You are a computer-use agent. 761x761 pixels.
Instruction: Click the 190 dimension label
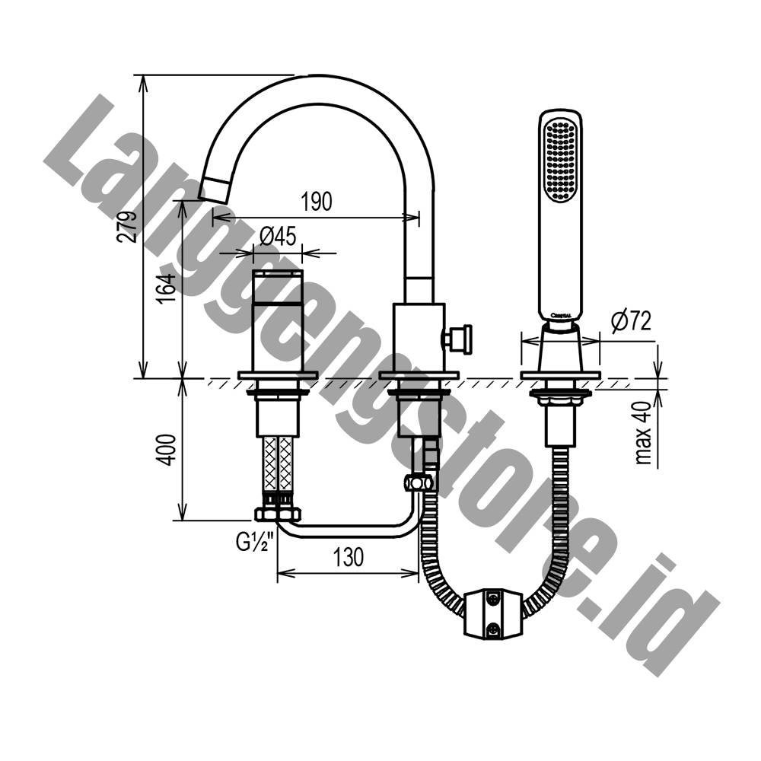[317, 202]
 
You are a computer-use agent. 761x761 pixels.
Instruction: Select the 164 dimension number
[166, 288]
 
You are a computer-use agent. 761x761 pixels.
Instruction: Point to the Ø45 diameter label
[278, 237]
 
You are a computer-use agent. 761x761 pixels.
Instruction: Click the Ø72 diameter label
[631, 321]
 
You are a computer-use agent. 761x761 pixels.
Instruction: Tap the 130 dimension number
[349, 557]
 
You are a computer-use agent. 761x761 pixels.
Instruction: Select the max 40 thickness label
[643, 433]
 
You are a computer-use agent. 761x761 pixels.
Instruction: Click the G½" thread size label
[255, 542]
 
